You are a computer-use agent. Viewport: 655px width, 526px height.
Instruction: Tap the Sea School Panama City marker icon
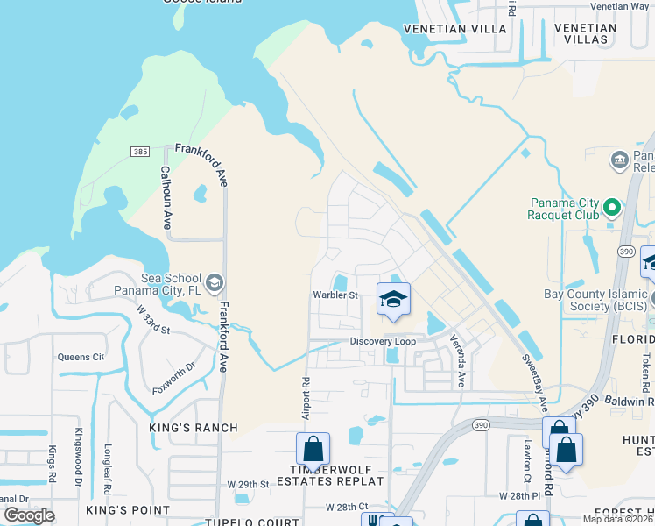[x=215, y=282]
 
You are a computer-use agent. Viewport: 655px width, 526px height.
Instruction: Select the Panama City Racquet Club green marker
[x=612, y=209]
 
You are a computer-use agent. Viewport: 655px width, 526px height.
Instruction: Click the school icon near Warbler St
[x=393, y=300]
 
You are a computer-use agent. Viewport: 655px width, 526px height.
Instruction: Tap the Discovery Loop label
[x=382, y=341]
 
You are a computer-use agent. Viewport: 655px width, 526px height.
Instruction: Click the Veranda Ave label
[x=455, y=360]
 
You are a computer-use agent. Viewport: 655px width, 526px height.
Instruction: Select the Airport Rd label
[x=306, y=394]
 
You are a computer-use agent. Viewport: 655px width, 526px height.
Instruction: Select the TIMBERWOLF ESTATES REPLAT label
[x=331, y=474]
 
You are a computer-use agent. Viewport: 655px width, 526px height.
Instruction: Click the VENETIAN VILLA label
[x=454, y=28]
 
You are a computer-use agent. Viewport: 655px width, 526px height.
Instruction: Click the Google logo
[x=30, y=515]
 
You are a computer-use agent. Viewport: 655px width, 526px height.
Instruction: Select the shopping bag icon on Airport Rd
[x=313, y=449]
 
